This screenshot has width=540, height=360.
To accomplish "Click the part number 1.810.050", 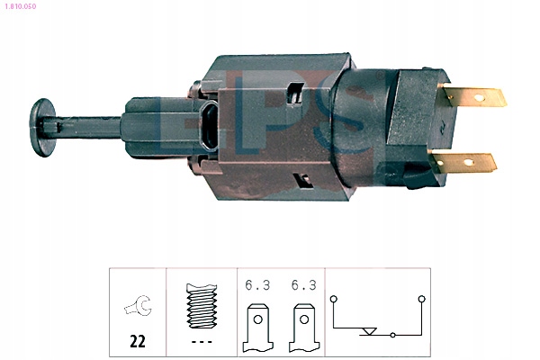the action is click(21, 6).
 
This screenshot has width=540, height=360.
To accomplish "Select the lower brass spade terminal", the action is click(464, 163).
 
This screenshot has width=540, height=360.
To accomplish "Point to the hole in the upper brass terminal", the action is click(479, 98).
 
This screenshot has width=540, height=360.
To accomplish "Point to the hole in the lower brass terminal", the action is click(469, 162).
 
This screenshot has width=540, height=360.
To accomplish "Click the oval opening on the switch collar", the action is click(209, 126).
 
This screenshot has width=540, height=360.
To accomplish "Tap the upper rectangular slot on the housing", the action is click(296, 93).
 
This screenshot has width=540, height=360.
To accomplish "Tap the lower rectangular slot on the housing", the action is click(302, 180).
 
